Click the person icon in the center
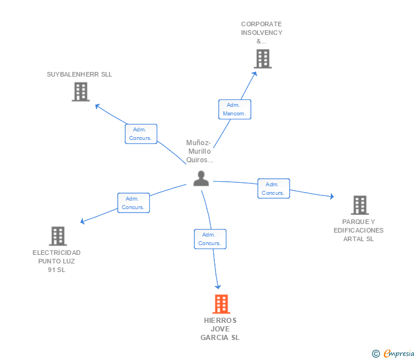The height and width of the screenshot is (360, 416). click(x=201, y=179)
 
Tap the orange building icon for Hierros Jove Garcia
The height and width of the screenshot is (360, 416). click(x=221, y=304)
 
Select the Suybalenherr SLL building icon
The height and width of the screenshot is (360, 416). click(x=81, y=91)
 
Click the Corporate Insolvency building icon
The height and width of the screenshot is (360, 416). click(x=262, y=58)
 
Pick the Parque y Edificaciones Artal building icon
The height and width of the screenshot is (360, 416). click(x=359, y=205)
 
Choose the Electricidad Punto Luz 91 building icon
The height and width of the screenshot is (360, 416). click(x=58, y=235)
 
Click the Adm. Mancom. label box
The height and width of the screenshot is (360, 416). click(x=234, y=109)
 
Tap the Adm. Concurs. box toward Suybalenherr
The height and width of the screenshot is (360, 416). click(x=141, y=134)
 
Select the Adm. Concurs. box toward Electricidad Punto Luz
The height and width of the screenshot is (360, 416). click(x=133, y=203)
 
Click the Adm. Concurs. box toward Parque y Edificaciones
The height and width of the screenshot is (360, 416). click(x=273, y=189)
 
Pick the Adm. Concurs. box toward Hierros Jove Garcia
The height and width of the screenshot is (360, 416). click(x=210, y=239)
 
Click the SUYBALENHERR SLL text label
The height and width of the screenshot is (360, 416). click(x=79, y=74)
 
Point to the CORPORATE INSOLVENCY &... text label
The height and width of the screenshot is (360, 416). click(x=262, y=33)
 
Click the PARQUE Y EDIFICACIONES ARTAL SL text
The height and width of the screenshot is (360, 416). click(x=359, y=230)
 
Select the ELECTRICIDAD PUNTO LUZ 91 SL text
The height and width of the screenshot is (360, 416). click(x=57, y=261)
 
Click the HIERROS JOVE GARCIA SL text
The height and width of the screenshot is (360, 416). click(x=220, y=329)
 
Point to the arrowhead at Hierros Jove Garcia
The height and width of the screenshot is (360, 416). click(x=218, y=286)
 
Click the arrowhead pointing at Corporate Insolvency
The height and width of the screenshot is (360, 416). click(x=255, y=70)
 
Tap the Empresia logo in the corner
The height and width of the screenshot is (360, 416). click(x=393, y=354)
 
